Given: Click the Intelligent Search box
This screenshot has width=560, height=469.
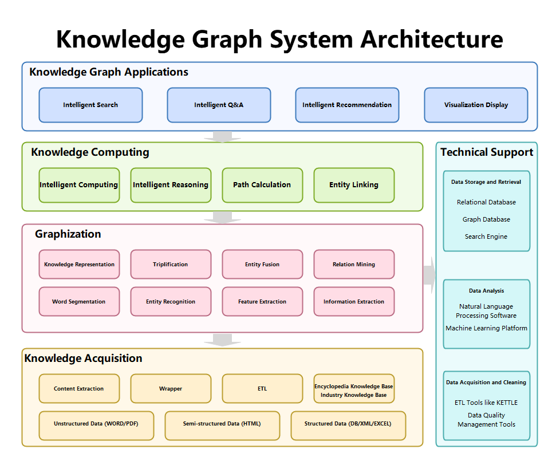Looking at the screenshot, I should click(x=90, y=105).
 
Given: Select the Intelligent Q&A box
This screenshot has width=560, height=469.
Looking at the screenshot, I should click(x=219, y=105).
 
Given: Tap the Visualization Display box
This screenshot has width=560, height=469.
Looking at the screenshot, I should click(x=476, y=105).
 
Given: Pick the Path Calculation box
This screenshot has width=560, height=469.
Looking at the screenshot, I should click(x=262, y=185).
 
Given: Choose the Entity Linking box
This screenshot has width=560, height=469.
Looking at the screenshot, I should click(x=354, y=185).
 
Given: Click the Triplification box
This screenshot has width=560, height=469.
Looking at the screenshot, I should click(x=171, y=264).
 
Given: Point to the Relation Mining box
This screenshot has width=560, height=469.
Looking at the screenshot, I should click(x=354, y=264).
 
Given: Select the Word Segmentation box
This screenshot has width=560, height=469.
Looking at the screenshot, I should click(x=79, y=301).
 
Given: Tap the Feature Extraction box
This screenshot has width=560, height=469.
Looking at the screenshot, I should click(x=262, y=301).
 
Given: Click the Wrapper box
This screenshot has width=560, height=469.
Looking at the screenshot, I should click(x=171, y=388).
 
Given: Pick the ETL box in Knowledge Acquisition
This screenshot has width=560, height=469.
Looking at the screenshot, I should click(x=262, y=388).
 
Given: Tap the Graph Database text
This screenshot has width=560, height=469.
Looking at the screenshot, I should click(x=486, y=219).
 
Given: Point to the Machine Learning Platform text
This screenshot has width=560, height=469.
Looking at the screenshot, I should click(x=486, y=328).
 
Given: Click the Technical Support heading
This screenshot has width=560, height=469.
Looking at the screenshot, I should click(x=487, y=152).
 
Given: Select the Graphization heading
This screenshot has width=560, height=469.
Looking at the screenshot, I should click(x=68, y=234).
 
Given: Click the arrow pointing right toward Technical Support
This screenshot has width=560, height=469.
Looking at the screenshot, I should click(x=429, y=275).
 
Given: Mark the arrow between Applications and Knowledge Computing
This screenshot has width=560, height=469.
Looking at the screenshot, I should click(x=222, y=136).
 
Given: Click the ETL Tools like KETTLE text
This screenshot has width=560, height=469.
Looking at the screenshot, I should click(x=486, y=403).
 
